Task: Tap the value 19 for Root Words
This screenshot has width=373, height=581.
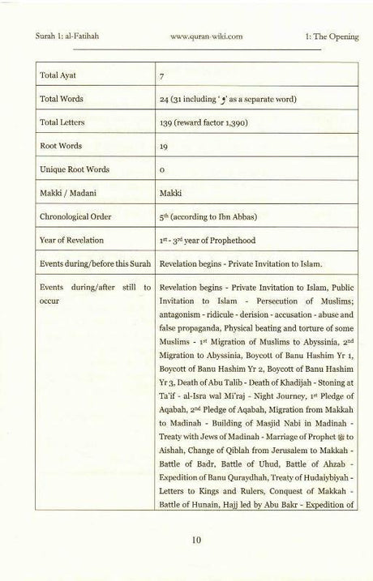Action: pos(165,147)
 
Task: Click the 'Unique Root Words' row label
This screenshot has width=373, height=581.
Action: pos(75,169)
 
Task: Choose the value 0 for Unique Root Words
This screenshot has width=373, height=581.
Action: pos(163,170)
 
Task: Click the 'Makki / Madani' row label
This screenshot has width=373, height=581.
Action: pos(70,193)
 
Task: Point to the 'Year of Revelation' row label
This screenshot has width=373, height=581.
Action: pos(77,240)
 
